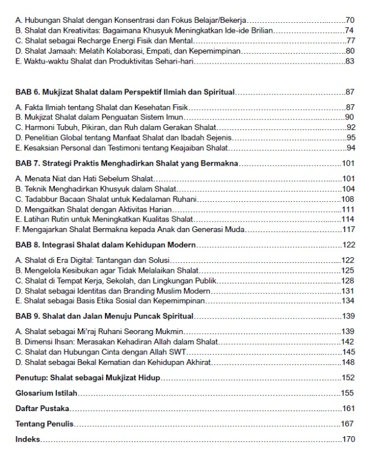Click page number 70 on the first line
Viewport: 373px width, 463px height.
350,20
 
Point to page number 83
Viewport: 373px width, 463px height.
350,62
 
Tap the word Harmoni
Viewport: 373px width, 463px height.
37,127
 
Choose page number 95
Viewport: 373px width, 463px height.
351,138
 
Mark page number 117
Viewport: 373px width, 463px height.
349,229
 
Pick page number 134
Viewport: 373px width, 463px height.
349,301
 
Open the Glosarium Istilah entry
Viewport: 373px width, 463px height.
46,393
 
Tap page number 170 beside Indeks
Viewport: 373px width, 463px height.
349,439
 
